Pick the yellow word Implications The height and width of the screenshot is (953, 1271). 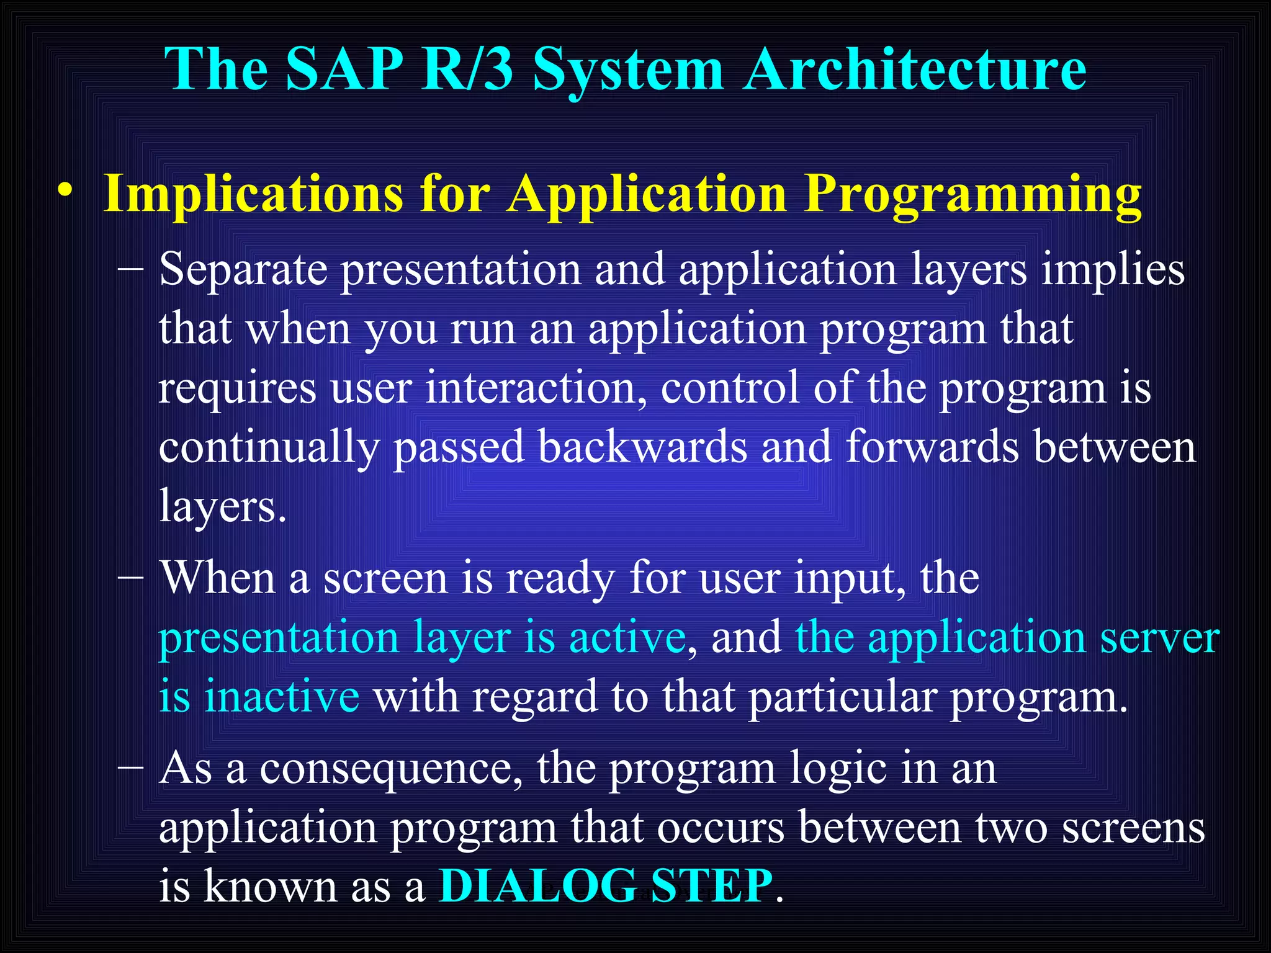pos(253,194)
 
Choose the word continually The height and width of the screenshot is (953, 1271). pos(268,448)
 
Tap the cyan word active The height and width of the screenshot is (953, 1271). pos(627,637)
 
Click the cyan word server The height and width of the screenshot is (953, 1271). pos(1159,638)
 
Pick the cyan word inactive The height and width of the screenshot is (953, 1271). pos(282,696)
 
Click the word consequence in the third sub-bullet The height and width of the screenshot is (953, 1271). pos(391,769)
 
